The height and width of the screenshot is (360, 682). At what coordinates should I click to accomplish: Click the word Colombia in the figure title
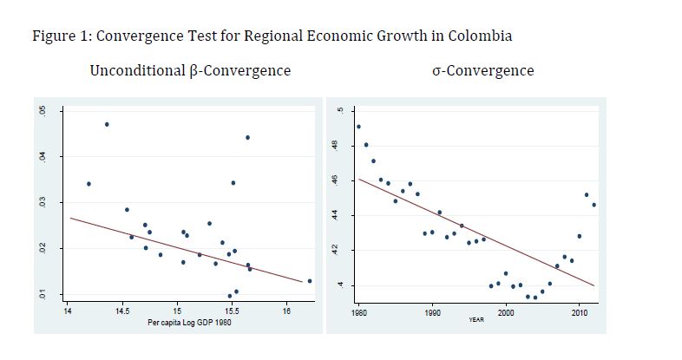click(481, 36)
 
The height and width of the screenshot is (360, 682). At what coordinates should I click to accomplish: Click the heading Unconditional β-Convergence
click(190, 70)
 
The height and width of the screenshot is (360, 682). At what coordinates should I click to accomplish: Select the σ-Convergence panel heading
click(483, 70)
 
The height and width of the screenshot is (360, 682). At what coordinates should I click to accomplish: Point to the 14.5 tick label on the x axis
click(121, 310)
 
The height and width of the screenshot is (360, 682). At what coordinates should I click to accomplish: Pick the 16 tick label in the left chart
click(287, 310)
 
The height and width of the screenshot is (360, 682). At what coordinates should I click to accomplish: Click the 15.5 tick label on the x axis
click(233, 310)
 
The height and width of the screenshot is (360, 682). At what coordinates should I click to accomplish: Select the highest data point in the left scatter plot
click(107, 124)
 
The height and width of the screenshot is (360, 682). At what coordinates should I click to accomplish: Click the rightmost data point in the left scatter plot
click(310, 281)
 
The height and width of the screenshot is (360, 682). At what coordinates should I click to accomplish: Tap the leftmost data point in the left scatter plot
click(89, 184)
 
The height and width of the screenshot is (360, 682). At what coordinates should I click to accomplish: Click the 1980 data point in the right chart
click(358, 127)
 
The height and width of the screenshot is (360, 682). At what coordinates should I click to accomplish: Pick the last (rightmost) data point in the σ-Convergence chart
click(593, 205)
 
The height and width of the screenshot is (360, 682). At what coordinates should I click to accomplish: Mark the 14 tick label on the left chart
click(68, 310)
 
